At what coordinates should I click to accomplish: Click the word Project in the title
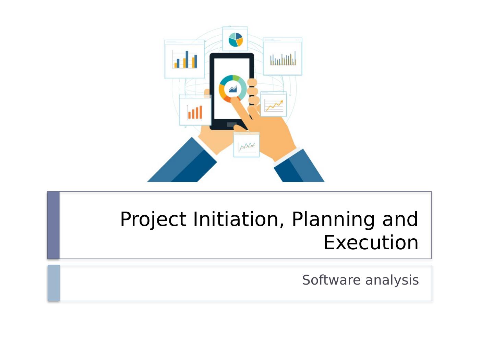pos(153,219)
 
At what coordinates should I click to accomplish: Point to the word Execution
pos(371,242)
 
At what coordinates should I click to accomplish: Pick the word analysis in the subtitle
pos(392,280)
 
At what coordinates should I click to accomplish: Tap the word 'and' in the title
pos(400,219)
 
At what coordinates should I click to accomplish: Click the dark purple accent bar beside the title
pos(53,225)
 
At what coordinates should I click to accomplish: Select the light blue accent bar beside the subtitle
pos(54,283)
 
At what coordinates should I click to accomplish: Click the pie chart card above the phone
pos(235,39)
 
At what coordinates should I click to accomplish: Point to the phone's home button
pos(231,124)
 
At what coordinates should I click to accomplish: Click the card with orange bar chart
pos(195,110)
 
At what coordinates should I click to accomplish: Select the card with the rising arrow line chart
pos(273,104)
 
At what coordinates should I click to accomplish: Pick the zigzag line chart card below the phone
pos(247,145)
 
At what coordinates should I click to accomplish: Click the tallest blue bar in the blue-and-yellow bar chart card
pos(187,59)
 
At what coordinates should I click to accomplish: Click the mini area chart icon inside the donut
pos(233,89)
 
